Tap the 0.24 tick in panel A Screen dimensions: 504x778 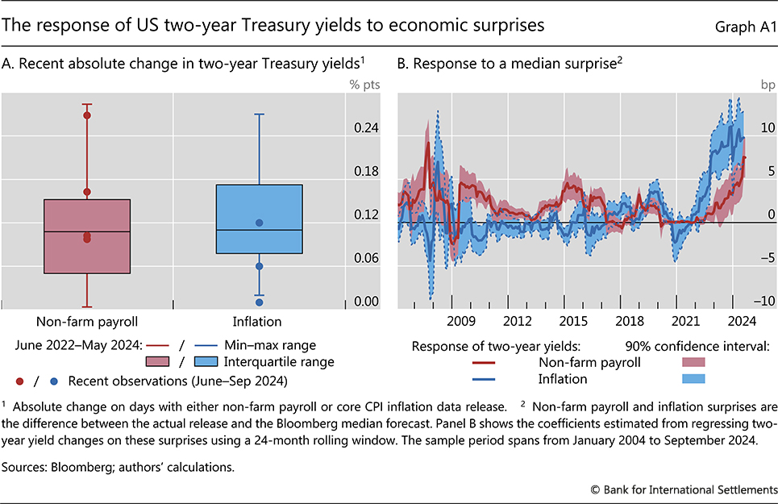point(366,128)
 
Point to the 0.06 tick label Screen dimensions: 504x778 point(366,258)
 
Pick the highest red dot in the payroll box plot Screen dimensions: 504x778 point(87,115)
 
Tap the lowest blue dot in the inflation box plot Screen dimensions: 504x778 point(259,302)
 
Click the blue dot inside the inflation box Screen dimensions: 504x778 point(259,223)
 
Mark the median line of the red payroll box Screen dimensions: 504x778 point(87,231)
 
